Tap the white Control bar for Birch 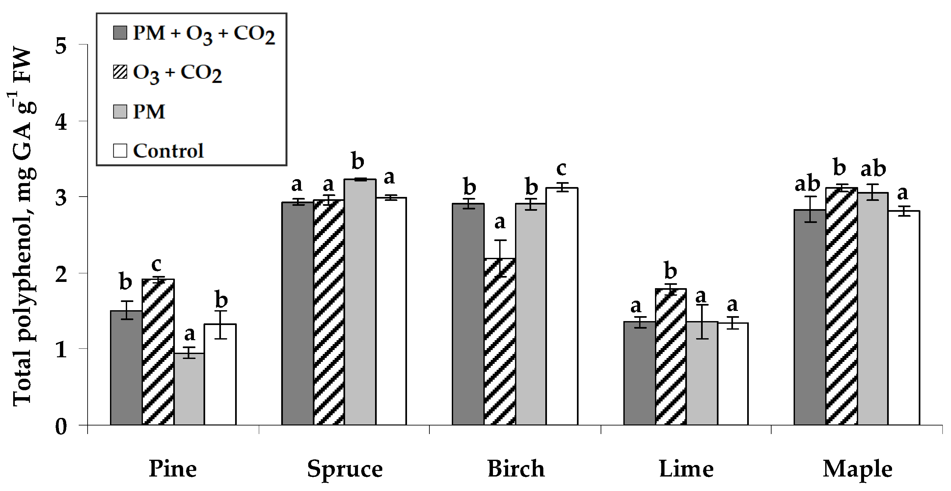562,306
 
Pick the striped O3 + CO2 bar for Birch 500,341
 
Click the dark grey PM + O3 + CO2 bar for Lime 639,373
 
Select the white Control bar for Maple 903,317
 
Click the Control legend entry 168,150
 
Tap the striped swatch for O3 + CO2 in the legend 120,72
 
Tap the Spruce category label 345,469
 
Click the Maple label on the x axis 857,469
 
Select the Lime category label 686,469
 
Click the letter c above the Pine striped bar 156,264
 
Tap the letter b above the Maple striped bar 839,168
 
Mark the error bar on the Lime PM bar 702,321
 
